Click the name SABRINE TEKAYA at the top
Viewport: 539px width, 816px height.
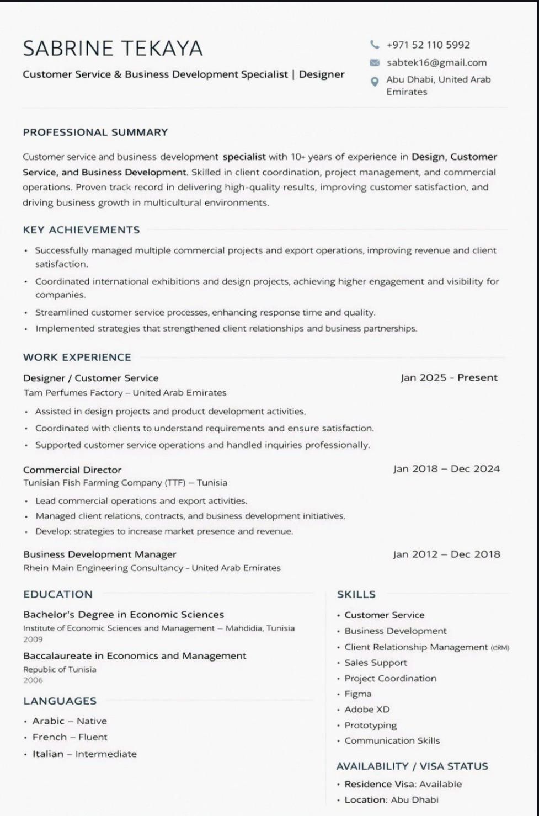click(x=113, y=49)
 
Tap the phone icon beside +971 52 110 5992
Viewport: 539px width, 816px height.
click(x=375, y=45)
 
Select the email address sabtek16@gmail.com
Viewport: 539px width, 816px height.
click(x=436, y=62)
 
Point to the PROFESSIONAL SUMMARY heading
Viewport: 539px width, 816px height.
click(x=95, y=132)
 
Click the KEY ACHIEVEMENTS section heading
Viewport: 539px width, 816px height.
click(x=81, y=230)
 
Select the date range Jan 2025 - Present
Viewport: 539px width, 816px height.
click(x=449, y=378)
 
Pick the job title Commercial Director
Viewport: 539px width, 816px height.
click(x=72, y=470)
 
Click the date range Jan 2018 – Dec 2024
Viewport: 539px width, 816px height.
click(x=446, y=469)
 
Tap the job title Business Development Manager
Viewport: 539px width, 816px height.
click(x=100, y=554)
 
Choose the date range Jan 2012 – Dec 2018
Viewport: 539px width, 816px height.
click(x=446, y=554)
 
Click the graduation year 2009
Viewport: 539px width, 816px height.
click(x=33, y=639)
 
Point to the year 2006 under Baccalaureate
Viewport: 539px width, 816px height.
click(x=33, y=680)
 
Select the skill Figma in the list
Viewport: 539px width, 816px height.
click(x=357, y=694)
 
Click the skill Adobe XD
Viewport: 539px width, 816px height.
click(x=367, y=710)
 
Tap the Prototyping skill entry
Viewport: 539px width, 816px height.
click(x=370, y=726)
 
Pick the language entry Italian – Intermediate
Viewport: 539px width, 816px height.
click(x=84, y=754)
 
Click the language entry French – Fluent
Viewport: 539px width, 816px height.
click(x=70, y=737)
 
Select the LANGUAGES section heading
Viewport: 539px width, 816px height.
click(x=60, y=701)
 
